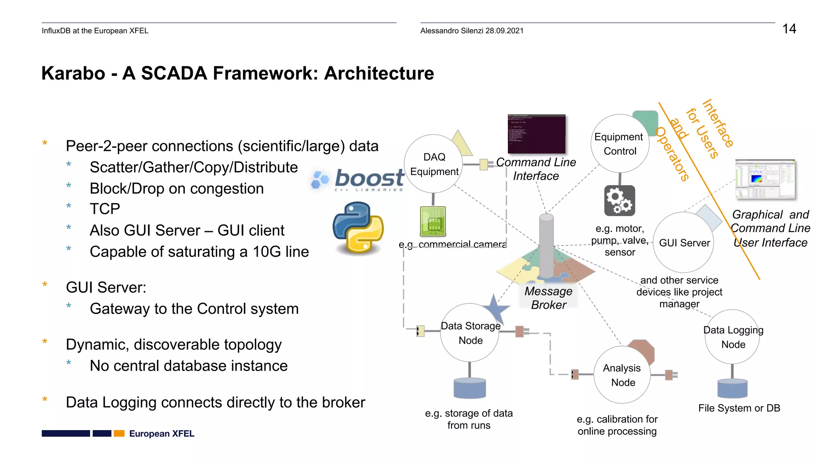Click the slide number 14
[789, 29]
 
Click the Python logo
[358, 228]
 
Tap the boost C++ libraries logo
[358, 180]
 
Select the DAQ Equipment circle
[434, 164]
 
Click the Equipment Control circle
[620, 144]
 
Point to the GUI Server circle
[684, 242]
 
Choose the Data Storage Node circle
[470, 333]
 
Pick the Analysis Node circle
[622, 375]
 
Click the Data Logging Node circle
[732, 337]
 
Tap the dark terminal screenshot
[536, 134]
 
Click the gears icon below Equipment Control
[619, 200]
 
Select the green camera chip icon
[433, 222]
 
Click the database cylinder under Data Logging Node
[732, 389]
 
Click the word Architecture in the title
[379, 73]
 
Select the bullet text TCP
[105, 209]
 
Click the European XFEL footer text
[162, 434]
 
